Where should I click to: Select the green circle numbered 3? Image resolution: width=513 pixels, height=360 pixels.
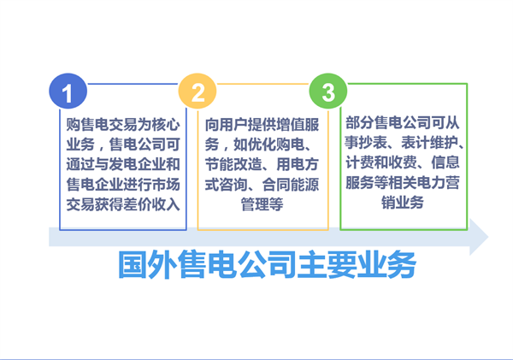point(328,91)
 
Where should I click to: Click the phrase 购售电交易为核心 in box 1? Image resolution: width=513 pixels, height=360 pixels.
point(123,124)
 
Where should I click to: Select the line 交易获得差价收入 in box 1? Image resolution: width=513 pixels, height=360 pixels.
point(123,203)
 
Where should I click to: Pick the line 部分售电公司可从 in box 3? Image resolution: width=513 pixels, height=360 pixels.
point(402,124)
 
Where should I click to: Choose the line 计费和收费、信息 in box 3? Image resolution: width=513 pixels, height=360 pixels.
point(402,163)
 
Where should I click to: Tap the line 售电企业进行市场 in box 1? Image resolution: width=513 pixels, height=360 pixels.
point(123,183)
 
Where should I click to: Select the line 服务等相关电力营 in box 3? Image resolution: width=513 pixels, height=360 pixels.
point(402,183)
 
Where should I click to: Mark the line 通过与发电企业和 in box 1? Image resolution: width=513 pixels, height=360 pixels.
point(123,163)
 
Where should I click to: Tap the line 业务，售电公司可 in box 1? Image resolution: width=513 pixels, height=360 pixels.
point(123,144)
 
